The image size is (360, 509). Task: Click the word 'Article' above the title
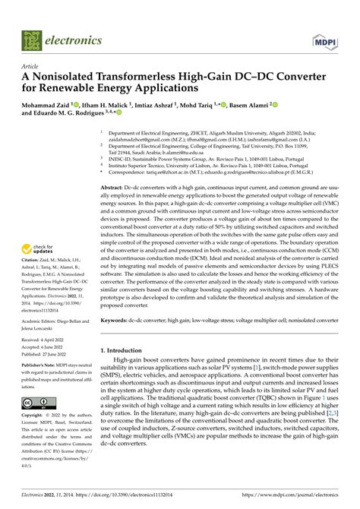(x=32, y=66)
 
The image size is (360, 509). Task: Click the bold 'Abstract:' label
(x=115, y=187)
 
